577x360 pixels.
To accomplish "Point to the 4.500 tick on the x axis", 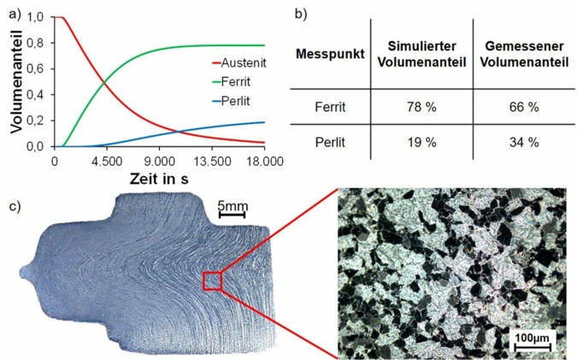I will pos(106,160).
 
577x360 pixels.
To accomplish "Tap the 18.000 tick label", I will pos(262,160).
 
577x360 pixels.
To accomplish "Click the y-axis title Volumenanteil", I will pos(16,81).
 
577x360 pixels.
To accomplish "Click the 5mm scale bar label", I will pos(233,205).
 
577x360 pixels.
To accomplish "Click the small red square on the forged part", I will pos(212,281).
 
